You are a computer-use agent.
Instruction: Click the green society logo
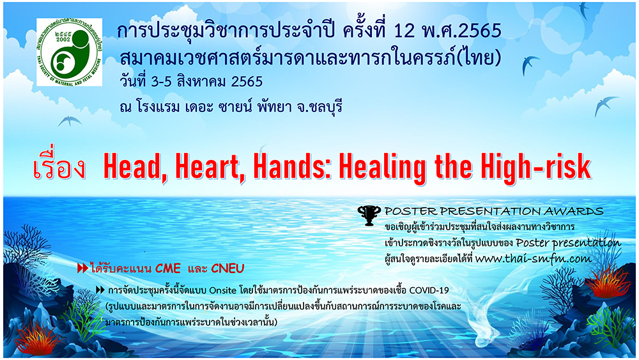[70, 52]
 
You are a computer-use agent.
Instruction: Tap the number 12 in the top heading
[404, 31]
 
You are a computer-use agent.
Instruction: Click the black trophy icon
[369, 215]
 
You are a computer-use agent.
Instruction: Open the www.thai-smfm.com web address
[533, 258]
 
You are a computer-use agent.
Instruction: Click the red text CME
[167, 269]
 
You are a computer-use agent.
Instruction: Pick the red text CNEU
[227, 269]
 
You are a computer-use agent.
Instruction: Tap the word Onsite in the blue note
[222, 290]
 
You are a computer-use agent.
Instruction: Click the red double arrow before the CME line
[82, 269]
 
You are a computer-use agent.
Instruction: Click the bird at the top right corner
[584, 11]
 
